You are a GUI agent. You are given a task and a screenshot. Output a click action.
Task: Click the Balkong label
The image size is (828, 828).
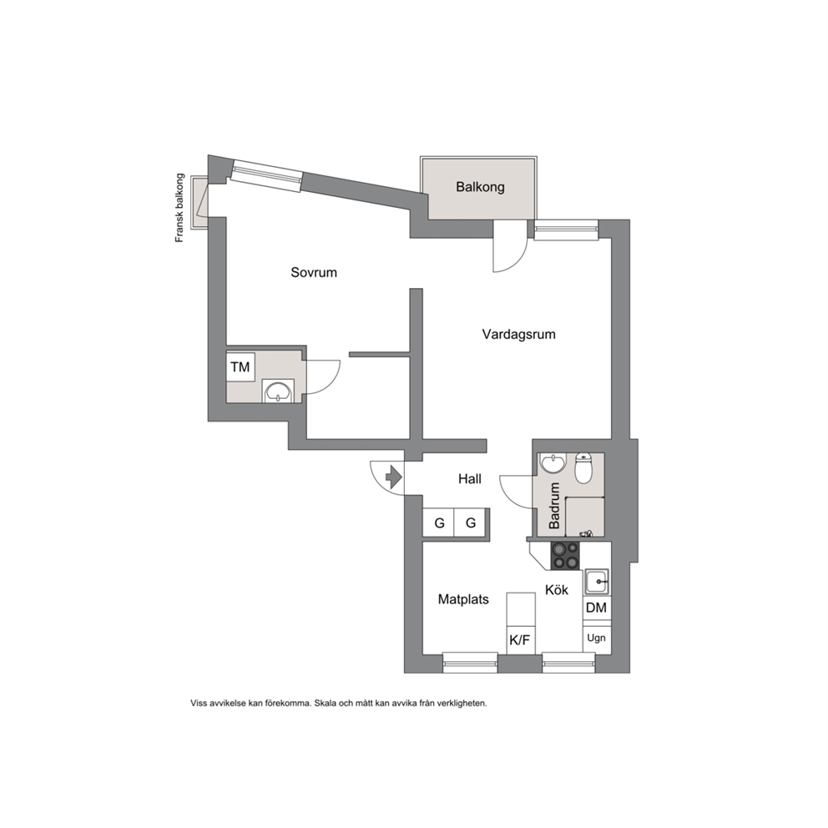(480, 187)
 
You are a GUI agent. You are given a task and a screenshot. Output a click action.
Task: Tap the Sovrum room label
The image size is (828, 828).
(314, 272)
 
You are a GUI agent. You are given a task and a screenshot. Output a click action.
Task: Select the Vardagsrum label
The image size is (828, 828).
(518, 334)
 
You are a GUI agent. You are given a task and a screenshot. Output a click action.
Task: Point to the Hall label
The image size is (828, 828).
(469, 479)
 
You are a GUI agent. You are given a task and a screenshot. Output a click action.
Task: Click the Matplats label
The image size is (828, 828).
(463, 599)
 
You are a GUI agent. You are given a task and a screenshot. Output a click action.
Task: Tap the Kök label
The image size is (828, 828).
(557, 589)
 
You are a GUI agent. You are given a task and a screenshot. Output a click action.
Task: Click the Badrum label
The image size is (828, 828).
(554, 506)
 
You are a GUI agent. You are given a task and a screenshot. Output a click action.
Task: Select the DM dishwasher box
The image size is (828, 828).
(596, 608)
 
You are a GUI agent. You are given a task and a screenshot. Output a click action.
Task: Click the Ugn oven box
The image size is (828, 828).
(596, 638)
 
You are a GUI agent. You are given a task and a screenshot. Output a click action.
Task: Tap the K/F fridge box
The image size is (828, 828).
(520, 640)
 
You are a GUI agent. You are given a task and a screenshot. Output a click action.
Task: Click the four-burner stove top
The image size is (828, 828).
(565, 556)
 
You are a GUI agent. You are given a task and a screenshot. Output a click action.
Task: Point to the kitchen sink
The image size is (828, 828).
(597, 582)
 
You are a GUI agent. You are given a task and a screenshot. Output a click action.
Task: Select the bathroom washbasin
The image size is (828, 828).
(553, 463)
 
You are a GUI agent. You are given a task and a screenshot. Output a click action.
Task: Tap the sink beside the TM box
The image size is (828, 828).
(278, 391)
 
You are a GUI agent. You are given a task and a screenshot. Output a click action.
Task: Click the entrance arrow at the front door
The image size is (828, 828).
(394, 477)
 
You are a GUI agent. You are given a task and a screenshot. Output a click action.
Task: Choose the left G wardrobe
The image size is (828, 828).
(439, 523)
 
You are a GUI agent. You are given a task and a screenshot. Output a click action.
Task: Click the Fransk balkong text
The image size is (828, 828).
(179, 208)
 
